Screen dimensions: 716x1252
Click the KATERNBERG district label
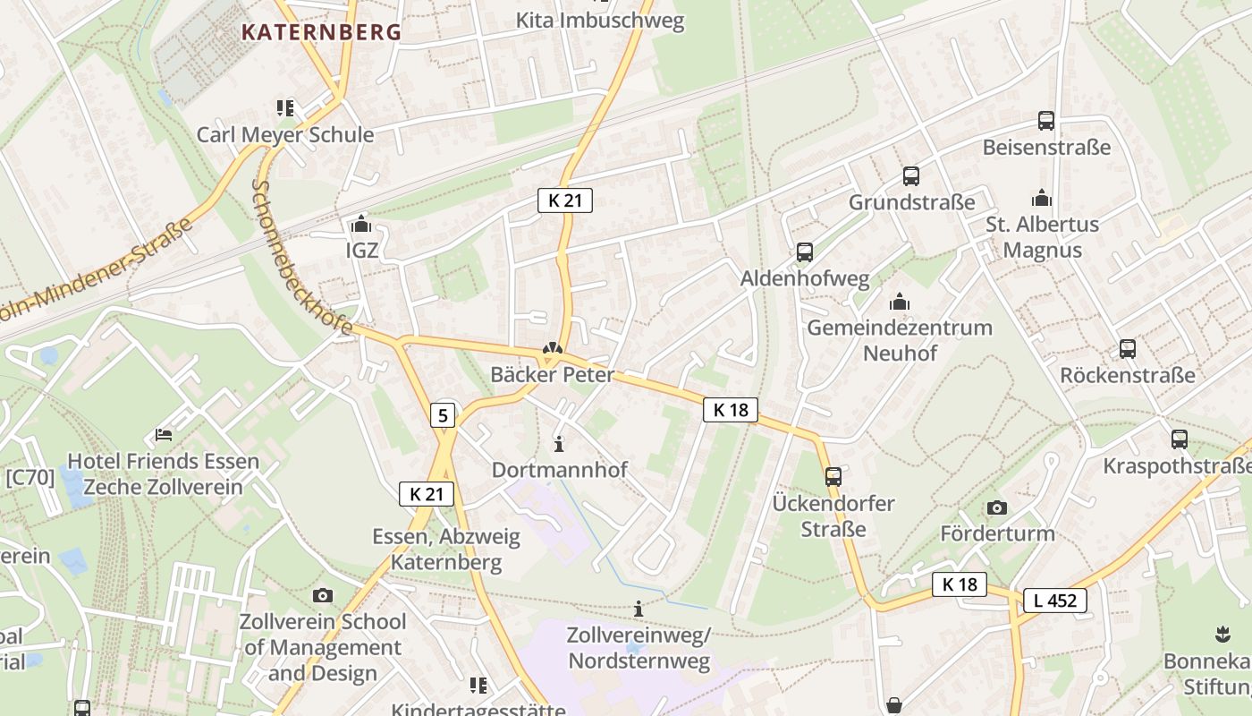(x=321, y=32)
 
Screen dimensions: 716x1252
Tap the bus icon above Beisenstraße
(x=1045, y=121)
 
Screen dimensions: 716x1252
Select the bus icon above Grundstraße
(x=911, y=176)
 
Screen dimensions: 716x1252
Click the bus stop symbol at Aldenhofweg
(x=805, y=252)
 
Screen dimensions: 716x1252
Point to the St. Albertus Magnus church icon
(x=1042, y=198)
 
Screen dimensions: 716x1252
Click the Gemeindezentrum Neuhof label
(x=900, y=340)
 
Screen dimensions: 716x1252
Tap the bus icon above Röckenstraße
(x=1128, y=349)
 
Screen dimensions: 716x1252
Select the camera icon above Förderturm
(x=997, y=507)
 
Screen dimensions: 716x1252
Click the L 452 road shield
(x=1054, y=601)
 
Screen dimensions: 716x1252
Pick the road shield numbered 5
(x=443, y=415)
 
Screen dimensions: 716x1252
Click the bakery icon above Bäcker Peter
(x=553, y=349)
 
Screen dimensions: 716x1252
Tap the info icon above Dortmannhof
(x=560, y=444)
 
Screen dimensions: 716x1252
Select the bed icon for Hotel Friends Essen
(x=164, y=435)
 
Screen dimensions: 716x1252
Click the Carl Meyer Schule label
(x=285, y=135)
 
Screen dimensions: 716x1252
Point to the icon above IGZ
(x=361, y=224)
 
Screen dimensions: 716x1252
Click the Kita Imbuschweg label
(x=600, y=21)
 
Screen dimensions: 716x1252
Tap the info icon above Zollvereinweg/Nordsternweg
(x=639, y=609)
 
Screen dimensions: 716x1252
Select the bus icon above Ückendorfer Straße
(x=833, y=476)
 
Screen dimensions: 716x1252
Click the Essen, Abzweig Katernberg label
(x=446, y=550)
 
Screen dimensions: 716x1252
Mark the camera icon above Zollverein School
(x=323, y=595)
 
